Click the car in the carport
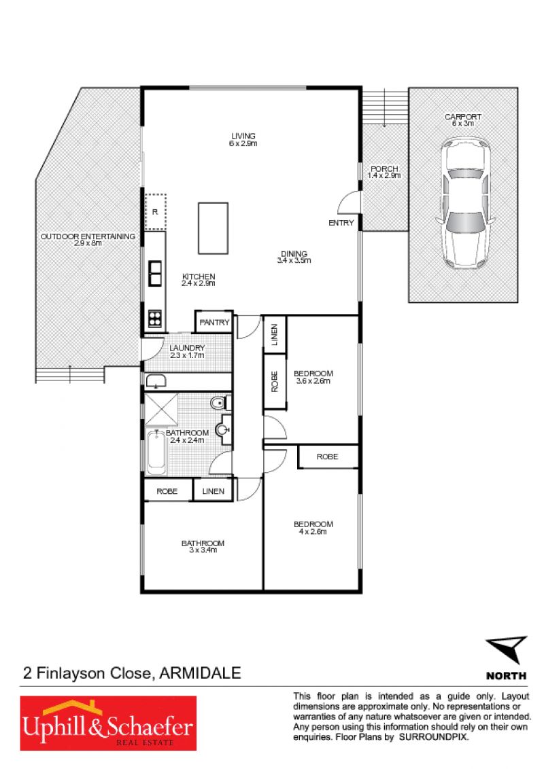[464, 202]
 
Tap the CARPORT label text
[463, 117]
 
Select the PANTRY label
[214, 322]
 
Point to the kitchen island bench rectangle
[213, 228]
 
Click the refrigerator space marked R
[155, 212]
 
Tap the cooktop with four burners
[155, 319]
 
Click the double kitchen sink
[155, 273]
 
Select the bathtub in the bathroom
[156, 452]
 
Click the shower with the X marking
[161, 409]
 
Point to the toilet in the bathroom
[220, 403]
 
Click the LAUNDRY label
[187, 348]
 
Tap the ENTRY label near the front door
[341, 223]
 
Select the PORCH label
[384, 168]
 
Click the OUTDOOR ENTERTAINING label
[88, 236]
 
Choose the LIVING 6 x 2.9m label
[243, 139]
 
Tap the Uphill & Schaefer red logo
[108, 723]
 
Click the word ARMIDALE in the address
[201, 673]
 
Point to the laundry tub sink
[156, 380]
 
